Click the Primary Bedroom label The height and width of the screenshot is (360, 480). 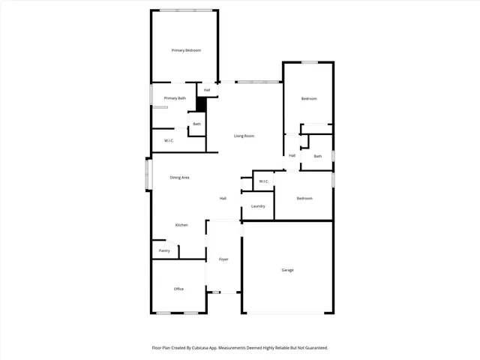coord(186,50)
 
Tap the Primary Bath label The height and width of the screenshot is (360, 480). coord(175,98)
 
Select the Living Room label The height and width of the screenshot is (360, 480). coord(244,136)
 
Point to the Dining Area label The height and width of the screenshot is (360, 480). coord(179,178)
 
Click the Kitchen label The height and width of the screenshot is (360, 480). coord(181,225)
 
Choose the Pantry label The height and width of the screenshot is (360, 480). coord(164,250)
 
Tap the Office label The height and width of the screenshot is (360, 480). coord(178,289)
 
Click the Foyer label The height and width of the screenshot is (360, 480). coord(223,259)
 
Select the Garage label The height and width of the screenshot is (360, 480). coord(287,270)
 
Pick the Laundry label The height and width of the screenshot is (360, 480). coord(258,206)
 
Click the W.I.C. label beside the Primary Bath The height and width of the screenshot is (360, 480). coord(169,140)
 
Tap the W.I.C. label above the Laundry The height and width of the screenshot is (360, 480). coord(264,181)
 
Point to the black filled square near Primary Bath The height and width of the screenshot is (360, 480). coord(201,104)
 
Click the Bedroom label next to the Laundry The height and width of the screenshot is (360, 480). coord(304,198)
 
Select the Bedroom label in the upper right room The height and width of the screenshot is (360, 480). coord(309,99)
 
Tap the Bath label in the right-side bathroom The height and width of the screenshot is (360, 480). coord(318,156)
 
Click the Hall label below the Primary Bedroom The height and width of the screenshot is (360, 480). coord(207,91)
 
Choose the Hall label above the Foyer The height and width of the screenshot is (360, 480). coord(223,199)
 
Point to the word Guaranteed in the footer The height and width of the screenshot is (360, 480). coord(313,348)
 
